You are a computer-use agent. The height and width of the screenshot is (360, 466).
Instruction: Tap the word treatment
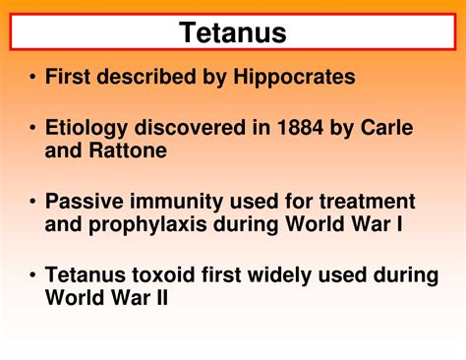coord(362,202)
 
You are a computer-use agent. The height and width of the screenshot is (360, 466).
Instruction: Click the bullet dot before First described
coord(33,78)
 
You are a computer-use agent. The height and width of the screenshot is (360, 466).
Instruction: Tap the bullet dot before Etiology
coord(33,129)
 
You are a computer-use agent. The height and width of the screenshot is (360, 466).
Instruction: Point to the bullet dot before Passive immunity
coord(33,202)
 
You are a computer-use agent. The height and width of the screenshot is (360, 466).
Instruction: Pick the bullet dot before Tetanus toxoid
coord(33,275)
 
